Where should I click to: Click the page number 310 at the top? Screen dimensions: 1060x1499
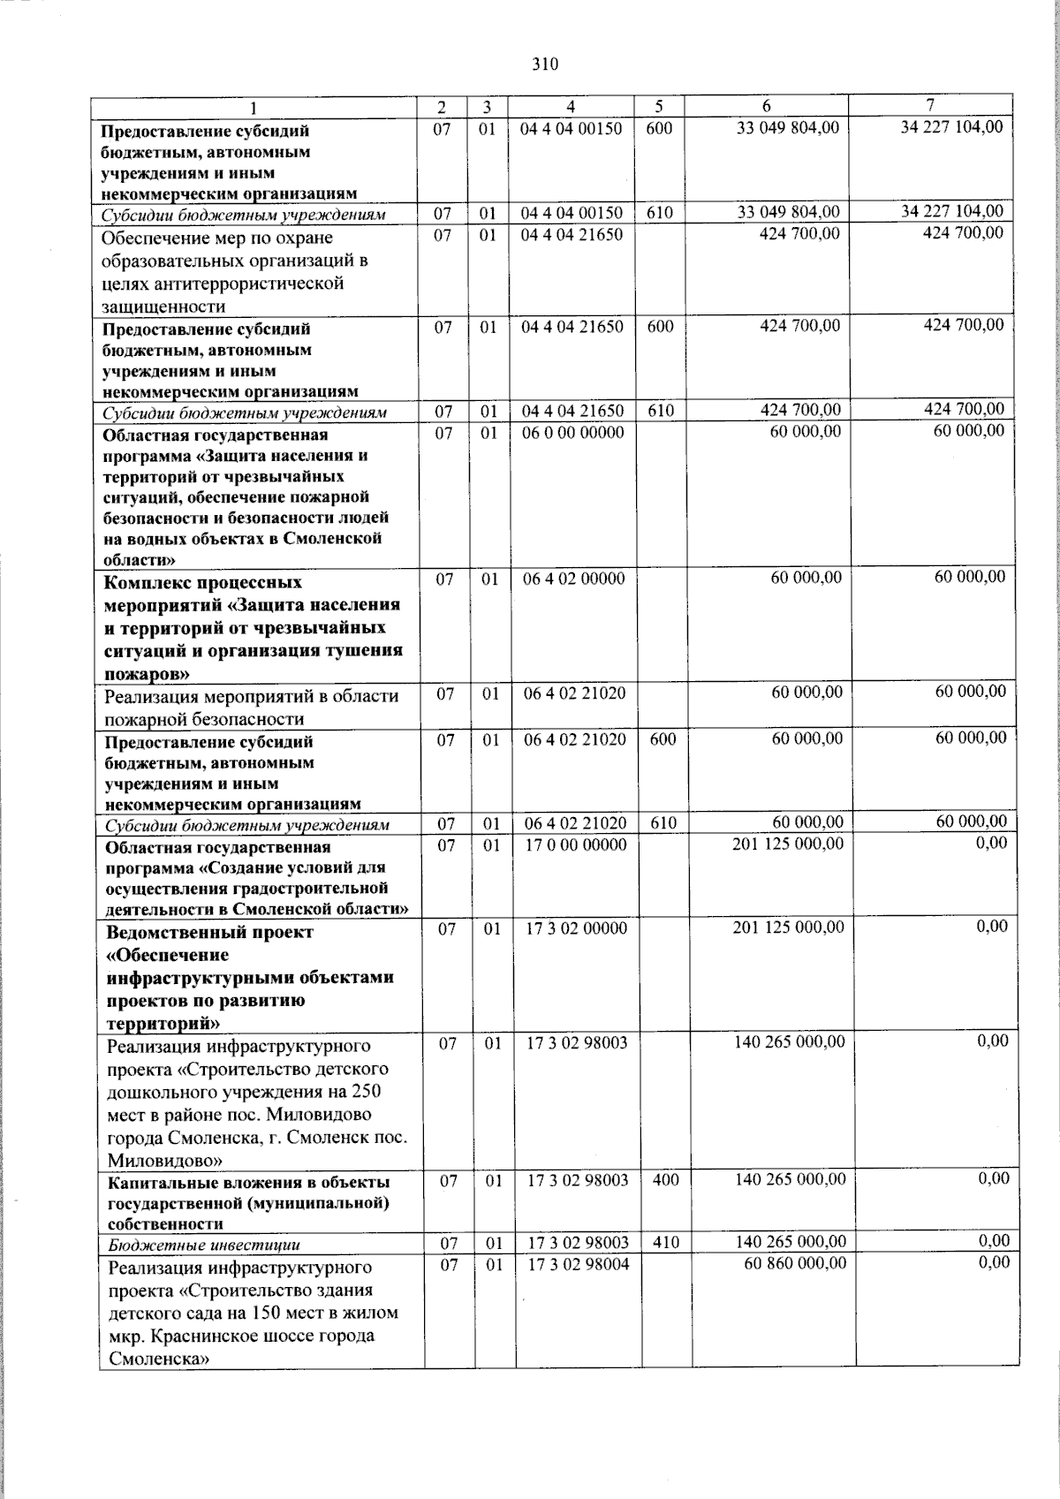pyautogui.click(x=545, y=64)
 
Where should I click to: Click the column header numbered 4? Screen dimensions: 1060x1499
pyautogui.click(x=571, y=107)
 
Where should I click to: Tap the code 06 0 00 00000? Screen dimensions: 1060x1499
pyautogui.click(x=572, y=433)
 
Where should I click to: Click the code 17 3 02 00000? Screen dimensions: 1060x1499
pyautogui.click(x=577, y=928)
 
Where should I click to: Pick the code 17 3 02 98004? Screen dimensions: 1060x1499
pyautogui.click(x=578, y=1264)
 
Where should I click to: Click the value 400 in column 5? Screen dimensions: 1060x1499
pyautogui.click(x=665, y=1179)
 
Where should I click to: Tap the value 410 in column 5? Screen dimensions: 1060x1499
pyautogui.click(x=665, y=1242)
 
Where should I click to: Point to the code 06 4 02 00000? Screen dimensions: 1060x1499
pyautogui.click(x=573, y=579)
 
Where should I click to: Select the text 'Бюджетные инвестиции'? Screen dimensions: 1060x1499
pyautogui.click(x=204, y=1245)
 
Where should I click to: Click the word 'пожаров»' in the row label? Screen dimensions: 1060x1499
pyautogui.click(x=145, y=673)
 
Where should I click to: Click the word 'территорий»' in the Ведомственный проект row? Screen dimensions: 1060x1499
pyautogui.click(x=163, y=1024)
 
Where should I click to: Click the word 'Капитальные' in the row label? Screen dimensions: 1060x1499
pyautogui.click(x=155, y=1182)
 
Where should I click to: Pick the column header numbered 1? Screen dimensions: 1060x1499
pyautogui.click(x=254, y=109)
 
